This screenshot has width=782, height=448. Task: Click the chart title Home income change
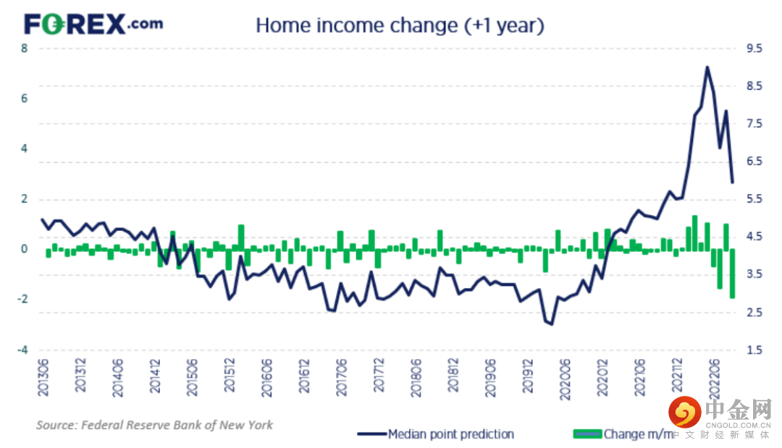pyautogui.click(x=400, y=25)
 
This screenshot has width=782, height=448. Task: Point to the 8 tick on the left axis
pyautogui.click(x=25, y=49)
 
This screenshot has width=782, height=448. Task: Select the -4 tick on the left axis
pyautogui.click(x=23, y=350)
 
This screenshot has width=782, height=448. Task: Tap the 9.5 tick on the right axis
pyautogui.click(x=754, y=49)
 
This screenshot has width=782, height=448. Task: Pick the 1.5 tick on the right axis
pyautogui.click(x=754, y=350)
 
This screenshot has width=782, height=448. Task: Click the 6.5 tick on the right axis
pyautogui.click(x=754, y=162)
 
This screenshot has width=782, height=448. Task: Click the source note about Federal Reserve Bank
pyautogui.click(x=155, y=425)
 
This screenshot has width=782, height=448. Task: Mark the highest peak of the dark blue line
pyautogui.click(x=707, y=67)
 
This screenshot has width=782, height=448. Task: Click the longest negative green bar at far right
pyautogui.click(x=732, y=274)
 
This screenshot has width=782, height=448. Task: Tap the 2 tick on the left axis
pyautogui.click(x=25, y=199)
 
